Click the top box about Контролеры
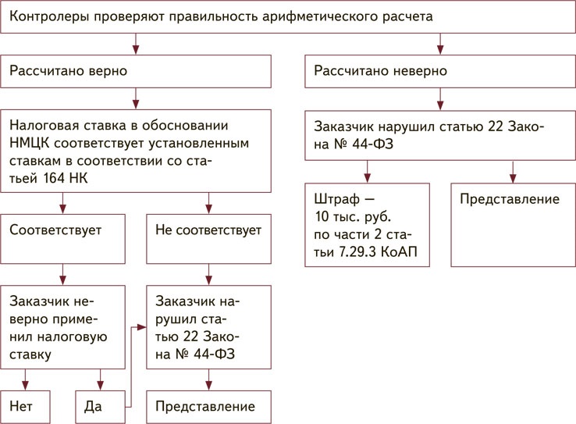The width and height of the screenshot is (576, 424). click(288, 17)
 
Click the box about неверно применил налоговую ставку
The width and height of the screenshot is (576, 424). click(62, 326)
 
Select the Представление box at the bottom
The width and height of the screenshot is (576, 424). click(207, 407)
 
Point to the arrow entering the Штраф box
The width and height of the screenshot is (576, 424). click(366, 173)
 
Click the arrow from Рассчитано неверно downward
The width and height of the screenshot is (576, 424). click(440, 98)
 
